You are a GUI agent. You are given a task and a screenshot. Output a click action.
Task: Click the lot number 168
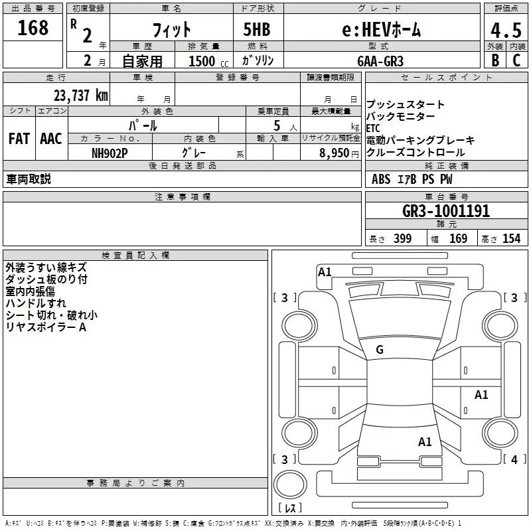33,29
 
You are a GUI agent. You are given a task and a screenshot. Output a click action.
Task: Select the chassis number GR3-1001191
446,212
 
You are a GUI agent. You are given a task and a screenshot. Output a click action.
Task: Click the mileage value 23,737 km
79,95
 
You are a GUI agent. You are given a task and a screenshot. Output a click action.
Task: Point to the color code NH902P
110,152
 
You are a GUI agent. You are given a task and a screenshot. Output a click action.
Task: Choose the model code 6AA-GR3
379,60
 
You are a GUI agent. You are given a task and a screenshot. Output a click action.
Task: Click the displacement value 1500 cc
206,61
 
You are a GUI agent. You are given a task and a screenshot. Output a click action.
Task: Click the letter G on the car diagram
380,350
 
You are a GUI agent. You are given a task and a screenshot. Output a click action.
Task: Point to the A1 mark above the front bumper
325,271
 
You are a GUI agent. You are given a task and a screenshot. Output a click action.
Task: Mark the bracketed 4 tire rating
512,459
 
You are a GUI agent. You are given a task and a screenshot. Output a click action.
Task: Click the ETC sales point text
374,128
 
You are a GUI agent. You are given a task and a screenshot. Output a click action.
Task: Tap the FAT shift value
19,139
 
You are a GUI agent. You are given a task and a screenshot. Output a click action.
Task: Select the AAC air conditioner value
51,139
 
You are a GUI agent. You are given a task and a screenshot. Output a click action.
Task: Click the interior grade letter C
516,60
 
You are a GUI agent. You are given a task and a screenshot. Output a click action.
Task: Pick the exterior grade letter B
494,60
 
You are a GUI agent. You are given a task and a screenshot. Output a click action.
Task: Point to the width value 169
458,239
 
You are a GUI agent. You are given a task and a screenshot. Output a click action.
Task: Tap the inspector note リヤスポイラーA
46,327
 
